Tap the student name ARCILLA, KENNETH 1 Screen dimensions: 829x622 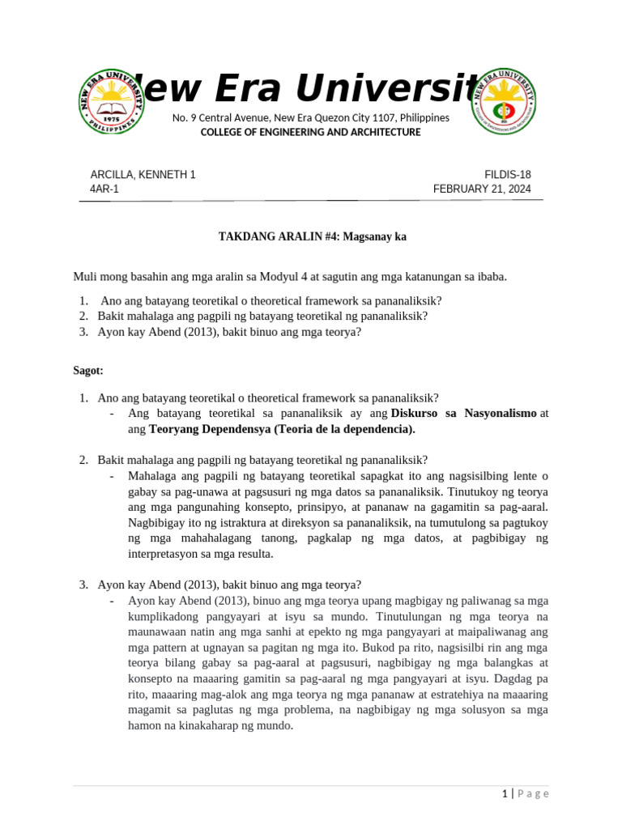tap(143, 174)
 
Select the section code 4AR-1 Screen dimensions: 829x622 tap(104, 189)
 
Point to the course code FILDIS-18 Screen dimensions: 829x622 tap(508, 174)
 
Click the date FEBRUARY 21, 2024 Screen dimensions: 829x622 tap(482, 189)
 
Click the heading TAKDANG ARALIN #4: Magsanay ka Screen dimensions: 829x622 tap(312, 237)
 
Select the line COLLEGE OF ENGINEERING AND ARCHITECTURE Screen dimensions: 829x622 tap(311, 132)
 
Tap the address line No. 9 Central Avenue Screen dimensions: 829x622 tap(311, 118)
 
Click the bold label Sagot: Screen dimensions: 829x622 tap(88, 370)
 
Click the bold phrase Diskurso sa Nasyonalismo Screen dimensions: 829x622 tap(463, 413)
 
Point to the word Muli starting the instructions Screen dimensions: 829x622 tap(86, 276)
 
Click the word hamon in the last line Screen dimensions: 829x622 tap(144, 726)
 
